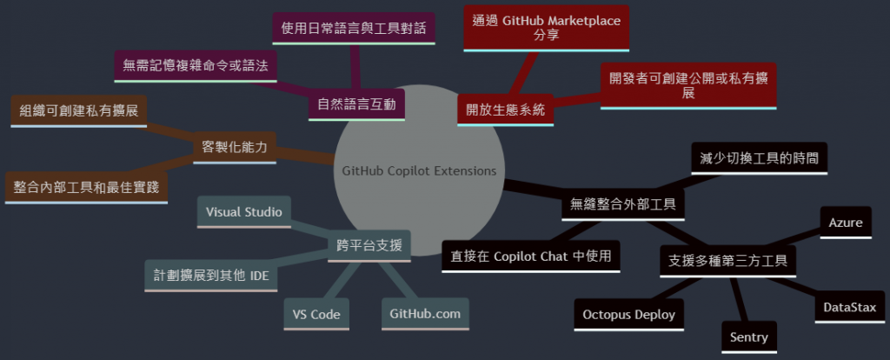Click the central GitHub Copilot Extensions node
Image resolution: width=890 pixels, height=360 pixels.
(x=419, y=170)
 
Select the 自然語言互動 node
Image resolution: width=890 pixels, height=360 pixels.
(x=356, y=105)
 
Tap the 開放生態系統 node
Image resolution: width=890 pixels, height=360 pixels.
(x=505, y=110)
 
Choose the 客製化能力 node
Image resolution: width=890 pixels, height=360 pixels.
(x=234, y=145)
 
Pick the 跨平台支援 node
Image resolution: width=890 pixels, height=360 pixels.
(x=369, y=246)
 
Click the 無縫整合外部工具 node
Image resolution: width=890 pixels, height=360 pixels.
(x=622, y=205)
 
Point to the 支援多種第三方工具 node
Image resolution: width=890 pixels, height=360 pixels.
(x=727, y=259)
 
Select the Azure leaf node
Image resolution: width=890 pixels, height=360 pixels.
(x=845, y=223)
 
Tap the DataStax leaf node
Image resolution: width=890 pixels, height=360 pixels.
(x=850, y=307)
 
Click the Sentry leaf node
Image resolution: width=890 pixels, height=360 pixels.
(x=749, y=337)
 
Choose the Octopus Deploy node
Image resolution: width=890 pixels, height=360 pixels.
(x=628, y=314)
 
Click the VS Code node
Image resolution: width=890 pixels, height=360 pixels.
(x=317, y=314)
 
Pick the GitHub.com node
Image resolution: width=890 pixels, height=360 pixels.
(x=426, y=313)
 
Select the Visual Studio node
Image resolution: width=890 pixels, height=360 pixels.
(x=243, y=211)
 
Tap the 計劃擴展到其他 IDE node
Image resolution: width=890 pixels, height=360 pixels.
(x=211, y=275)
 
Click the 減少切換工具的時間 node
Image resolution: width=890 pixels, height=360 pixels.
(x=759, y=158)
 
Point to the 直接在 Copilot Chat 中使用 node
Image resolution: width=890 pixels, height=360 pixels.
(x=530, y=256)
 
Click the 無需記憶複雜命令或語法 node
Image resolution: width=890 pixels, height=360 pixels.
(x=196, y=65)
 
